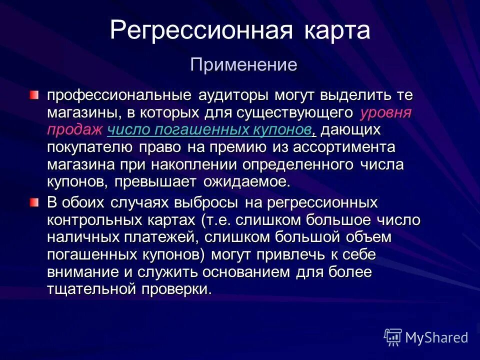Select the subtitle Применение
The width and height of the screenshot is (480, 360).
[243, 64]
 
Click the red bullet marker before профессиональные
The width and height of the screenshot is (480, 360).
[33, 94]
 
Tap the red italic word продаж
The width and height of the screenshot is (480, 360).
[74, 130]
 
